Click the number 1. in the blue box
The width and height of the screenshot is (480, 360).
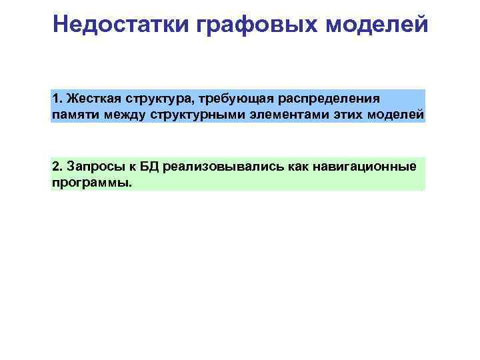click(x=57, y=99)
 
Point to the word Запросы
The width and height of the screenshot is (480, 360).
click(x=91, y=166)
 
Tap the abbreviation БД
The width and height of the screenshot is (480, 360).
click(x=141, y=166)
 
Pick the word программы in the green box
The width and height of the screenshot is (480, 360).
click(x=91, y=182)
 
